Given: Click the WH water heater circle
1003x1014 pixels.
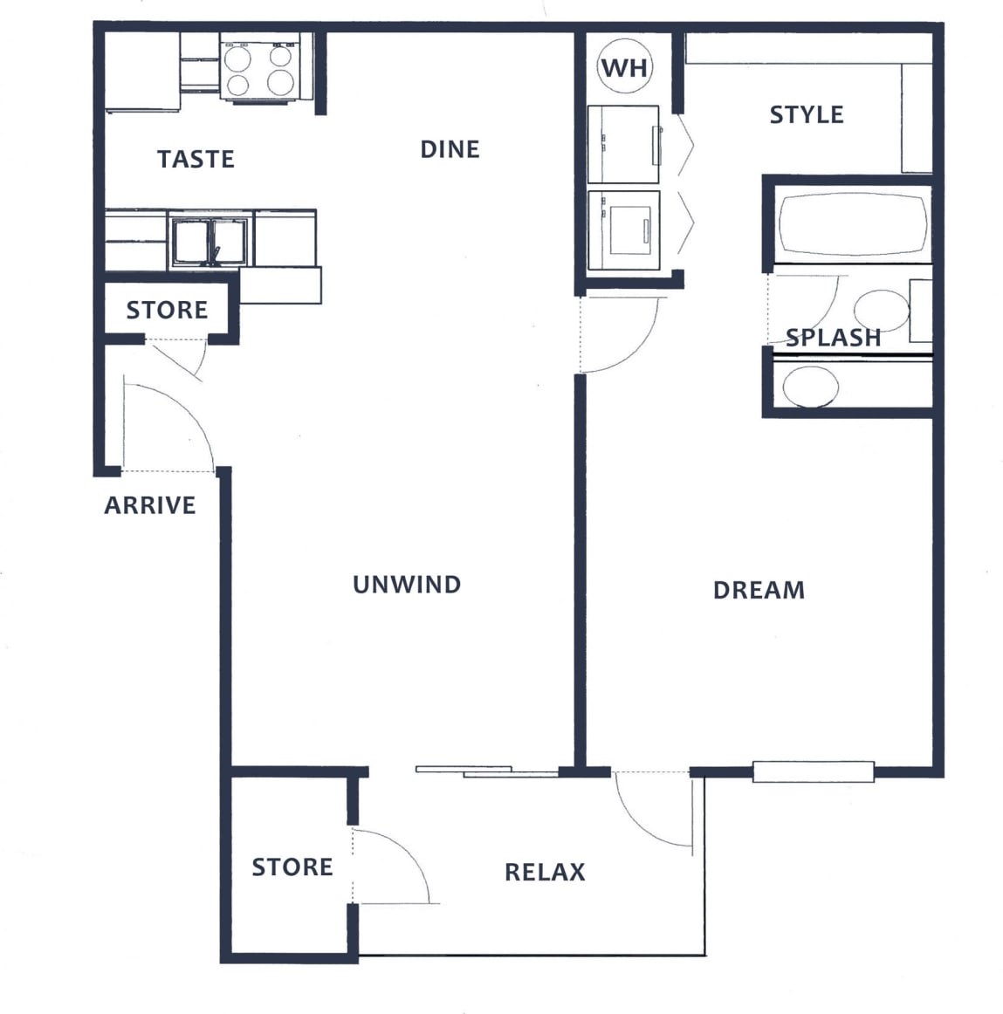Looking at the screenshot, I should coord(624,67).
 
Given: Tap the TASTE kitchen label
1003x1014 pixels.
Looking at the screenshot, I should coord(196,159).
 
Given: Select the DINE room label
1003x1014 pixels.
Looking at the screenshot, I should coord(450,149).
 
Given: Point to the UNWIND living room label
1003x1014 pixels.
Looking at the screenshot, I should coord(407,584).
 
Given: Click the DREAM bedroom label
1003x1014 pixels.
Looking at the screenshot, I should coord(759,590).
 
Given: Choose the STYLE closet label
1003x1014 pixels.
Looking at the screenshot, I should coord(806,114).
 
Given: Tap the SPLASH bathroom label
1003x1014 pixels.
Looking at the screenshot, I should coord(833,338).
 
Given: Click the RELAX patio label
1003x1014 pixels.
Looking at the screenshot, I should coord(545,872).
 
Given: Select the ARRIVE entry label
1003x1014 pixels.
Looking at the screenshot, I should coord(150,505).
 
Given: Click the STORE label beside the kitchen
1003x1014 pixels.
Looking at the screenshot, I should coord(167,310).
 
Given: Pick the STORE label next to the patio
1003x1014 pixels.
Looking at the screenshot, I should coord(292,867).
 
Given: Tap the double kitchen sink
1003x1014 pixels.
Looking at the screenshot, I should coord(210,242).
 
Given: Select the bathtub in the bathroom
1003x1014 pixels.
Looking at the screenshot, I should coord(851,224).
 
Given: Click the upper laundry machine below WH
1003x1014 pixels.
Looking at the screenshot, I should coord(623,144).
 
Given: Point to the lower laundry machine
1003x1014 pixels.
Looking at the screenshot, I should coord(623,230).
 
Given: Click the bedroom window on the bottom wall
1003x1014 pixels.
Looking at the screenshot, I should coord(813,771).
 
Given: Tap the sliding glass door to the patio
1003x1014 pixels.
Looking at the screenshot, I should coord(485,771).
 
